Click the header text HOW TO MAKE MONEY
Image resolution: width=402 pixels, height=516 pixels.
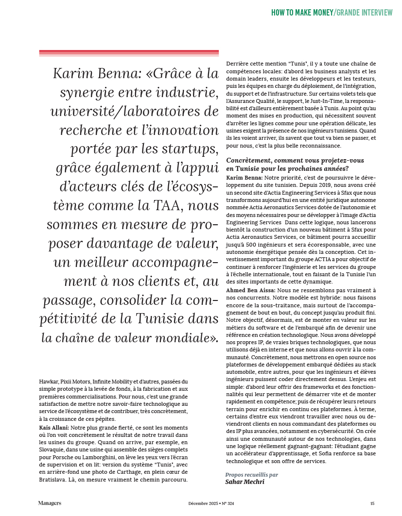pos(302,12)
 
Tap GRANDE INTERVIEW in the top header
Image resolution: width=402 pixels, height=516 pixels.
pos(364,12)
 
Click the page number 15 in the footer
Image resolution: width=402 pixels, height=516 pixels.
pos(372,503)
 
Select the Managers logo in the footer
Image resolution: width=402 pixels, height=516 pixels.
pos(50,503)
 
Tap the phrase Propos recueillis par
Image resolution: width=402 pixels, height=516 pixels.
pos(252,474)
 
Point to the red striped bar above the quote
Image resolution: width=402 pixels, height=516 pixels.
pos(129,53)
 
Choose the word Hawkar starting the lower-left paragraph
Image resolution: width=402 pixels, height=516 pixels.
pos(48,382)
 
